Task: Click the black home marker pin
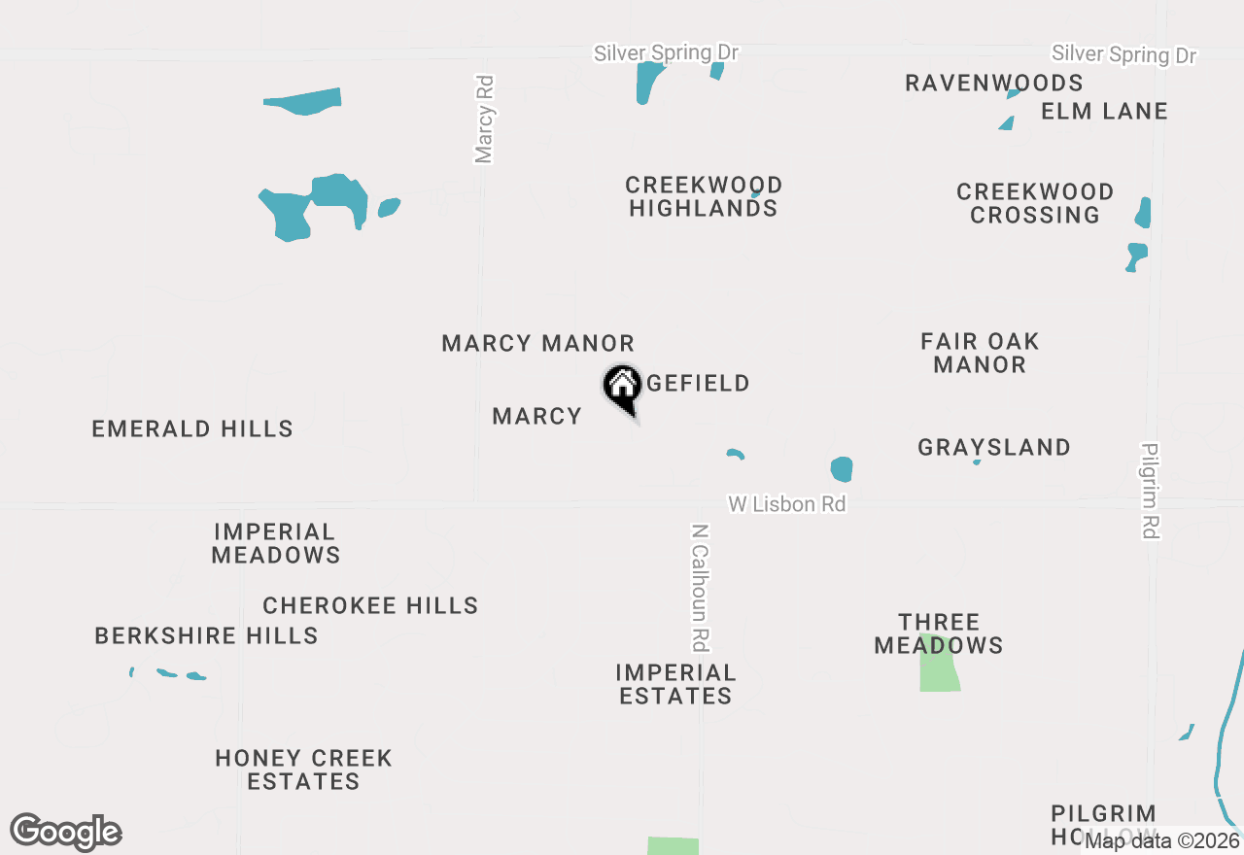[x=622, y=388]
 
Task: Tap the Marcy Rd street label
[x=485, y=120]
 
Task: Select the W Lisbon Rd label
[x=787, y=504]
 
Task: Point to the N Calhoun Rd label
[x=700, y=588]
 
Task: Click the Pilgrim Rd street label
[x=1151, y=491]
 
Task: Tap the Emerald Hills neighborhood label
[x=192, y=428]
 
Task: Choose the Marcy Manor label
[x=537, y=343]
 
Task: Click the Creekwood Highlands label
[x=704, y=196]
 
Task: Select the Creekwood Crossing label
[x=1035, y=203]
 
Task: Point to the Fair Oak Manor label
[x=980, y=353]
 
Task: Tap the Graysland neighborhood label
[x=994, y=447]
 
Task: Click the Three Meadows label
[x=939, y=633]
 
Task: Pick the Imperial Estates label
[x=676, y=684]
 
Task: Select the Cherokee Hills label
[x=370, y=605]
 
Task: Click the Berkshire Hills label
[x=206, y=635]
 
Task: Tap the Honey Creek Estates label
[x=303, y=769]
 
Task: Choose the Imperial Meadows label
[x=276, y=543]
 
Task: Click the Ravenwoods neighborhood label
[x=993, y=83]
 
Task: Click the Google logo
[x=66, y=833]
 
